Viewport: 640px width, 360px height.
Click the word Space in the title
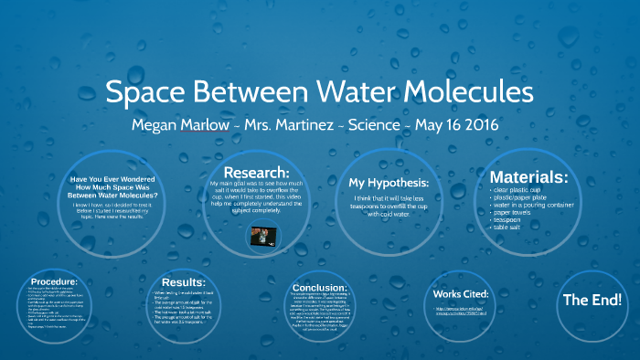(x=150, y=93)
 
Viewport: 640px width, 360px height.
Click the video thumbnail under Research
(x=263, y=236)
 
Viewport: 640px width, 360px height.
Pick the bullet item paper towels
(x=519, y=212)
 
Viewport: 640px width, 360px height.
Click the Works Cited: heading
(x=461, y=294)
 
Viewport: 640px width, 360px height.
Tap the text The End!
(x=592, y=300)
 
